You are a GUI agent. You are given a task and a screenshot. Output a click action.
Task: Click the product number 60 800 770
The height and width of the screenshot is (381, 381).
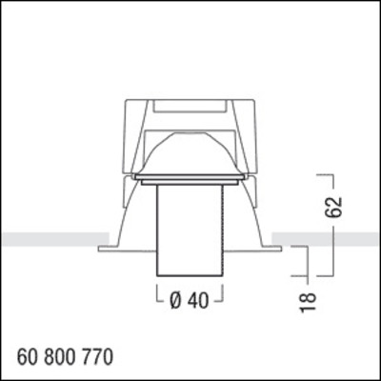click(65, 357)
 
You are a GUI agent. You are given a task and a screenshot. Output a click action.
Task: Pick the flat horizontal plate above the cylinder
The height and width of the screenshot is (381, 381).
click(190, 177)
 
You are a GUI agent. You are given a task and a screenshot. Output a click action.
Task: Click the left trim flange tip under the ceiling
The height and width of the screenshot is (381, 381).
click(101, 248)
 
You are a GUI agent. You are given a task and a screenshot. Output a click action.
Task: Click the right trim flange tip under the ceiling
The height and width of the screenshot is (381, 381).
click(279, 248)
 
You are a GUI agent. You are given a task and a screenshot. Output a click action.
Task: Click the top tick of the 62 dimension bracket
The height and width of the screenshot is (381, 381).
click(326, 176)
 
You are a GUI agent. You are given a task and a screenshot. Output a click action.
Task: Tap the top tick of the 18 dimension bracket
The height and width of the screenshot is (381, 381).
click(301, 246)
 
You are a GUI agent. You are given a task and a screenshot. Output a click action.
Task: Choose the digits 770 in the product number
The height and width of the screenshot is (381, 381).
click(98, 357)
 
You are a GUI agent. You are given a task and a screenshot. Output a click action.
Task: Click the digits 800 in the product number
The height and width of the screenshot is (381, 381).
click(64, 357)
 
